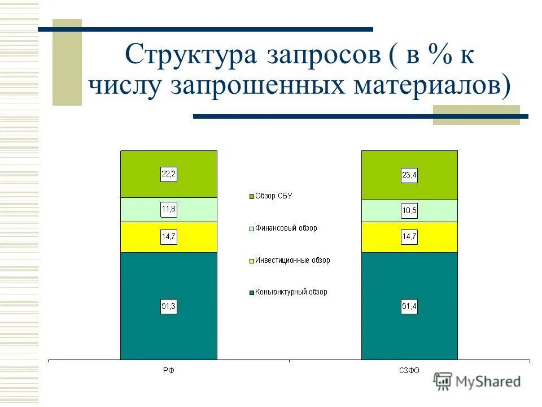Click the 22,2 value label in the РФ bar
point(169,175)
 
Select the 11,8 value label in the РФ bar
point(169,209)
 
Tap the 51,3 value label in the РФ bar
point(169,307)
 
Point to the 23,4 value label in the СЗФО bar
point(409,176)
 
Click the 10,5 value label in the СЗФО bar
point(409,211)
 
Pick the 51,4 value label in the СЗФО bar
point(409,307)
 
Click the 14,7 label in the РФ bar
point(169,237)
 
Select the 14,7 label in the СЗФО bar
point(409,237)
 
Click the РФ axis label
point(169,370)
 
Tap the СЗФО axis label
point(409,370)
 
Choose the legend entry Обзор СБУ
point(273,196)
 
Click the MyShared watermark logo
point(478,381)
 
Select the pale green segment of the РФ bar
point(141,210)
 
